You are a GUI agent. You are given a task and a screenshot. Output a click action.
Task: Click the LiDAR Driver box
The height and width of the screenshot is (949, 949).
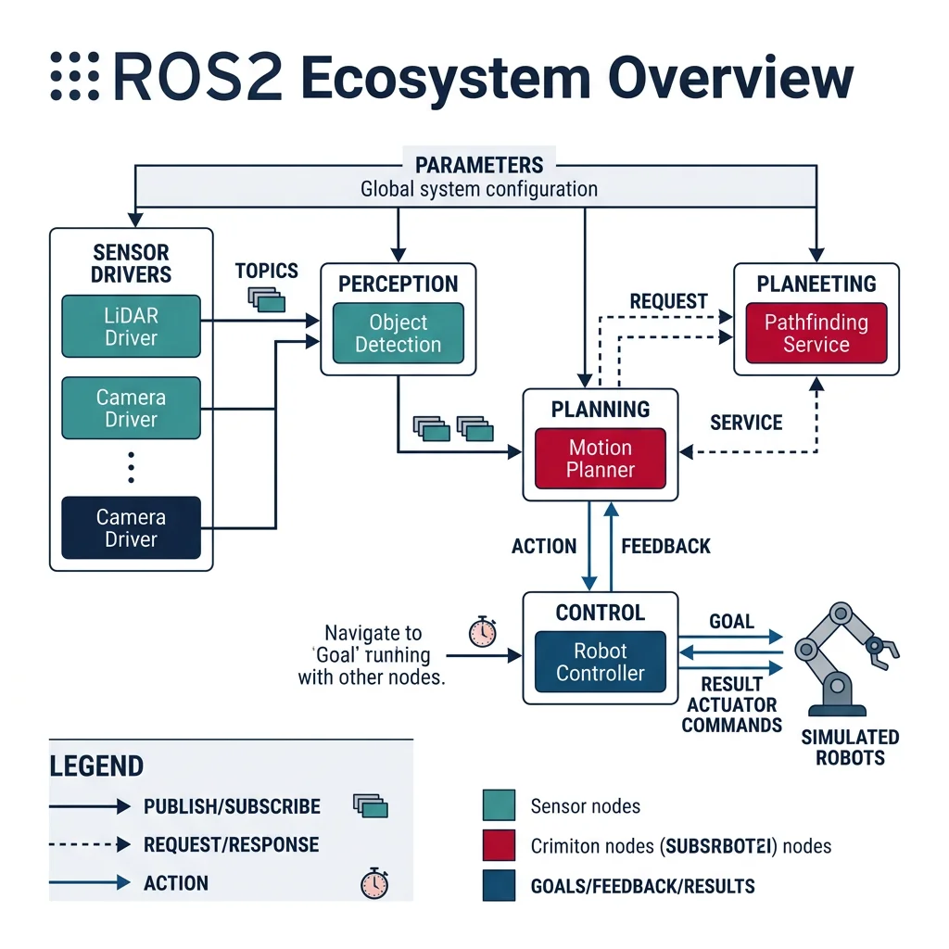pyautogui.click(x=131, y=326)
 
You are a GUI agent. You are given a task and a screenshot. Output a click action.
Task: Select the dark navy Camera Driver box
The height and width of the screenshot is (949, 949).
pyautogui.click(x=131, y=528)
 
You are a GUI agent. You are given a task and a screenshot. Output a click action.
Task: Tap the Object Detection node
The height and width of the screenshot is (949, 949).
pyautogui.click(x=399, y=334)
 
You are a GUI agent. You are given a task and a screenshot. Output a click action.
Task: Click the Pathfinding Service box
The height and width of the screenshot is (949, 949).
pyautogui.click(x=816, y=334)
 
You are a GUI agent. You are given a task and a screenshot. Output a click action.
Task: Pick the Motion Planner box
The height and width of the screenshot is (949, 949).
pyautogui.click(x=601, y=459)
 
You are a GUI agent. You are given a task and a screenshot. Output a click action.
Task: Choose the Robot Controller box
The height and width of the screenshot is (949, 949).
pyautogui.click(x=601, y=662)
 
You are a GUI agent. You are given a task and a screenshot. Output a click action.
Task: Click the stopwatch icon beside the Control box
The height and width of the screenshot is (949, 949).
pyautogui.click(x=482, y=631)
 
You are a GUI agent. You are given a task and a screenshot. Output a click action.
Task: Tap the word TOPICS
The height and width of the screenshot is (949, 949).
pyautogui.click(x=267, y=271)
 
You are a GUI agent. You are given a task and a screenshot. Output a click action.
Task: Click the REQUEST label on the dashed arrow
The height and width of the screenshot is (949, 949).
pyautogui.click(x=668, y=301)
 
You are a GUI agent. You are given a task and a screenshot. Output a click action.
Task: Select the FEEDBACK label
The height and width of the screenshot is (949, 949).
pyautogui.click(x=665, y=546)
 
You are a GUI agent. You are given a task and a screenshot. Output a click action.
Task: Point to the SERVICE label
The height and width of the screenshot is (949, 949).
pyautogui.click(x=746, y=423)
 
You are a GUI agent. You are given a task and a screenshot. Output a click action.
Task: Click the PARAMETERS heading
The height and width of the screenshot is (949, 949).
pyautogui.click(x=479, y=165)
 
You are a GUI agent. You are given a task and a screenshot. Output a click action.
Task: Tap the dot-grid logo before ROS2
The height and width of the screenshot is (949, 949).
pyautogui.click(x=74, y=76)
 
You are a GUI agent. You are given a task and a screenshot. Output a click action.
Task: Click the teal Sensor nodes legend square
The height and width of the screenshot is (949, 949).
pyautogui.click(x=499, y=805)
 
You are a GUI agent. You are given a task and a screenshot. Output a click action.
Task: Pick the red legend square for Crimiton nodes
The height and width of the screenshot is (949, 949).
pyautogui.click(x=499, y=845)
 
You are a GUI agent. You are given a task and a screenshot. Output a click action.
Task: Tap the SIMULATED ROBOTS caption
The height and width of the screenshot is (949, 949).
pyautogui.click(x=850, y=747)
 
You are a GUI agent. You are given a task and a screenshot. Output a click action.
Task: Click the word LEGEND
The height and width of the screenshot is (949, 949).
pyautogui.click(x=96, y=766)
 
